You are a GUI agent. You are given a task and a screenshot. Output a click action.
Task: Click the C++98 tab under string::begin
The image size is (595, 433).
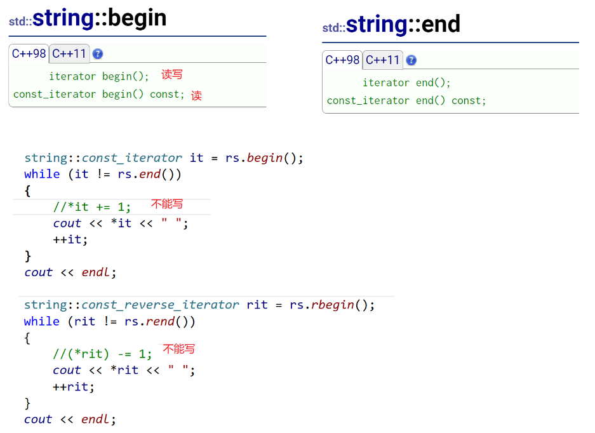click(29, 53)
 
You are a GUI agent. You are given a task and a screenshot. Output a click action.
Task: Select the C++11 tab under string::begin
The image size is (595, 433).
click(69, 53)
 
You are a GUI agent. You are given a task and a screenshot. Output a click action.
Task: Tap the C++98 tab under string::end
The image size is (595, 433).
click(342, 60)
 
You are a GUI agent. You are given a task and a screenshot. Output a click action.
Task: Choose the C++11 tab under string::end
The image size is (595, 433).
click(382, 60)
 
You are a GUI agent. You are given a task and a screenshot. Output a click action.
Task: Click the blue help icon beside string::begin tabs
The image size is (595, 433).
click(97, 54)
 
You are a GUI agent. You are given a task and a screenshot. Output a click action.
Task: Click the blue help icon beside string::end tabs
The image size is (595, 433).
click(411, 60)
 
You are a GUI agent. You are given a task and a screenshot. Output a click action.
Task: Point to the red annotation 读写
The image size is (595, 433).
click(171, 74)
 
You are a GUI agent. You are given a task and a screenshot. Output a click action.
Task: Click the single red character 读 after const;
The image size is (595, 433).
click(197, 95)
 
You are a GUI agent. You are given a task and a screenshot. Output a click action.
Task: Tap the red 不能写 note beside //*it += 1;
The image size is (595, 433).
click(166, 204)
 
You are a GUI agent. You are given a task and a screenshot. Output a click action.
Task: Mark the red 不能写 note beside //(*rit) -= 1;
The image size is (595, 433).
click(178, 349)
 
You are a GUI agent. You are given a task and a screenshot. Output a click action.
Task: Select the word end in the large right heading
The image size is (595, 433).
click(441, 25)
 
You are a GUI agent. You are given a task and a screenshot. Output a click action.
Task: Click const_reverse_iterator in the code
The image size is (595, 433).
click(160, 305)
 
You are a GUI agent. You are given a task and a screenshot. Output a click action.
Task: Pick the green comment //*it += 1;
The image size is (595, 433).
click(92, 207)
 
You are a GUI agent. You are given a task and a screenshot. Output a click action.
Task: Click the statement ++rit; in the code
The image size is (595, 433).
click(74, 387)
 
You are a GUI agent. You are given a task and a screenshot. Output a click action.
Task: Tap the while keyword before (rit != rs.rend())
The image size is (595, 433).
click(42, 321)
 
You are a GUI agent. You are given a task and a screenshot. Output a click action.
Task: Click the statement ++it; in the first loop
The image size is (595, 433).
click(70, 239)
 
